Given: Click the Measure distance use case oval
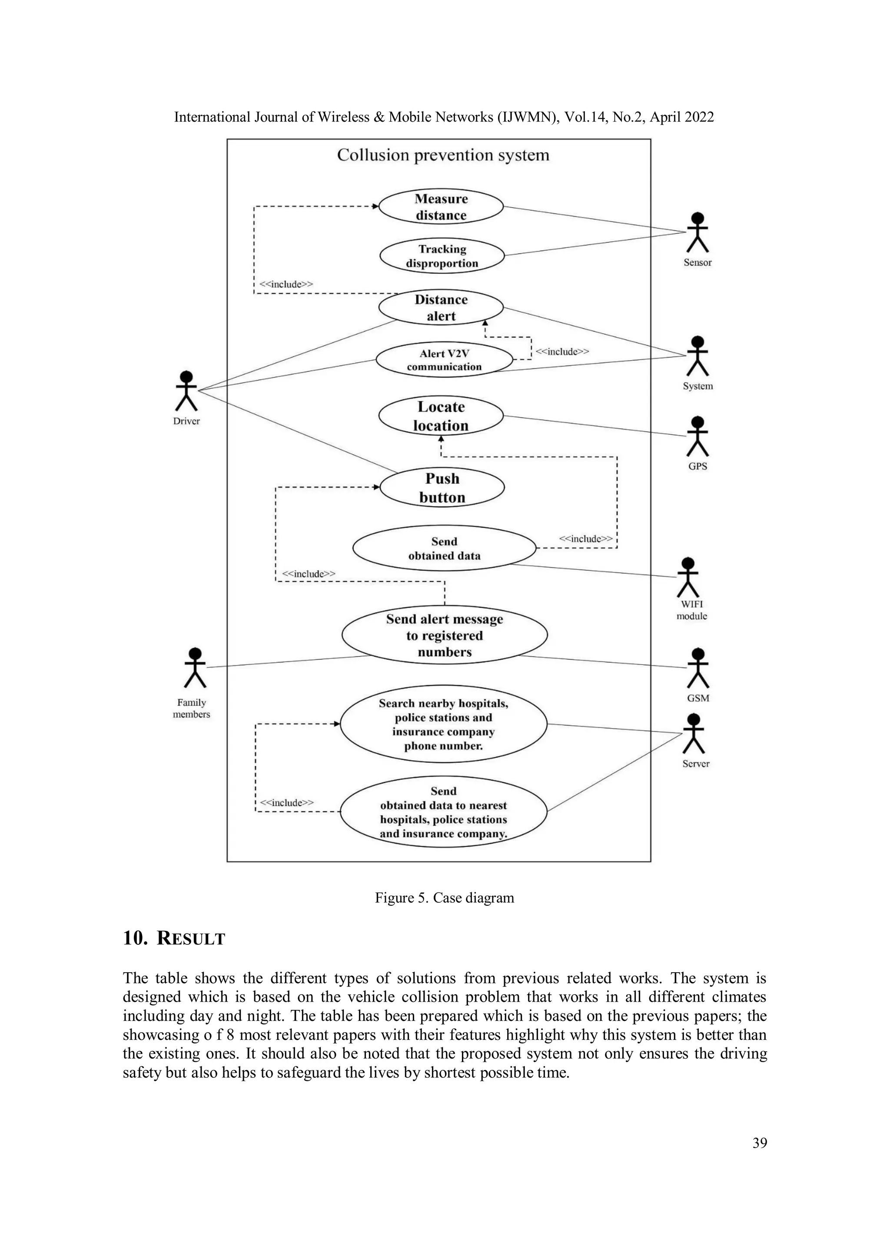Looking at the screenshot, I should point(441,207).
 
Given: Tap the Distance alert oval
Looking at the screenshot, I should point(441,308).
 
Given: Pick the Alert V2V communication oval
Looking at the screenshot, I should point(444,360).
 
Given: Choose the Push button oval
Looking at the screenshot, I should point(442,488).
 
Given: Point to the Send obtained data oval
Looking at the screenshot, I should point(444,549).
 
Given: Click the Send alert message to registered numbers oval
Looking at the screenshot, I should point(445,636).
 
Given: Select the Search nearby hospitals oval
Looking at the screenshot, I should point(443,724).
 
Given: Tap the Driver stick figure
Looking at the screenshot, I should point(186,391).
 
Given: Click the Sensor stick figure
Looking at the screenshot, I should point(697,233).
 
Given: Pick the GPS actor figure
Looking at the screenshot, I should point(697,437).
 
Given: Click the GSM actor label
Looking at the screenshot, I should point(697,698).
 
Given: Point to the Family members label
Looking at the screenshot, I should point(191,708).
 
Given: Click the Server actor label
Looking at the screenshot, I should point(695,764).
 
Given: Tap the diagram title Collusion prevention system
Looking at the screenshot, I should point(443,156).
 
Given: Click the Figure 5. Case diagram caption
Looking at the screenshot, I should point(445,898).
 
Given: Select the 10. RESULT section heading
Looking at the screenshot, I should point(174,939).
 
